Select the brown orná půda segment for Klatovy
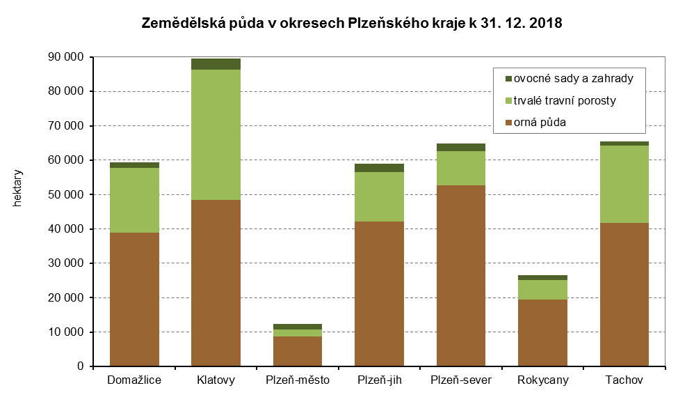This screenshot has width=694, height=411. (x=216, y=283)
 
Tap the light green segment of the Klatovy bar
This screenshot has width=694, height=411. (x=216, y=134)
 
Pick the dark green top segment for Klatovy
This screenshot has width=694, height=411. (x=216, y=64)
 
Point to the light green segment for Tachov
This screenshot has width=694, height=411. (x=624, y=184)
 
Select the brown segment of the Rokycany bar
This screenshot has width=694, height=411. (x=543, y=332)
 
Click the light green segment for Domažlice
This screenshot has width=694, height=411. (x=134, y=200)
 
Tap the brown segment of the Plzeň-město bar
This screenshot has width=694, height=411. (x=298, y=351)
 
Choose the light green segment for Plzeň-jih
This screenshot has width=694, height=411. (x=379, y=196)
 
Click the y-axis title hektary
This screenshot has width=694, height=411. (x=18, y=189)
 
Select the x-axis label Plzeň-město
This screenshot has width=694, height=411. (x=298, y=380)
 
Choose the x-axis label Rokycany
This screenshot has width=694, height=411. (x=543, y=380)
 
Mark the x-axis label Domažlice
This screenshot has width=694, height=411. (x=134, y=380)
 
